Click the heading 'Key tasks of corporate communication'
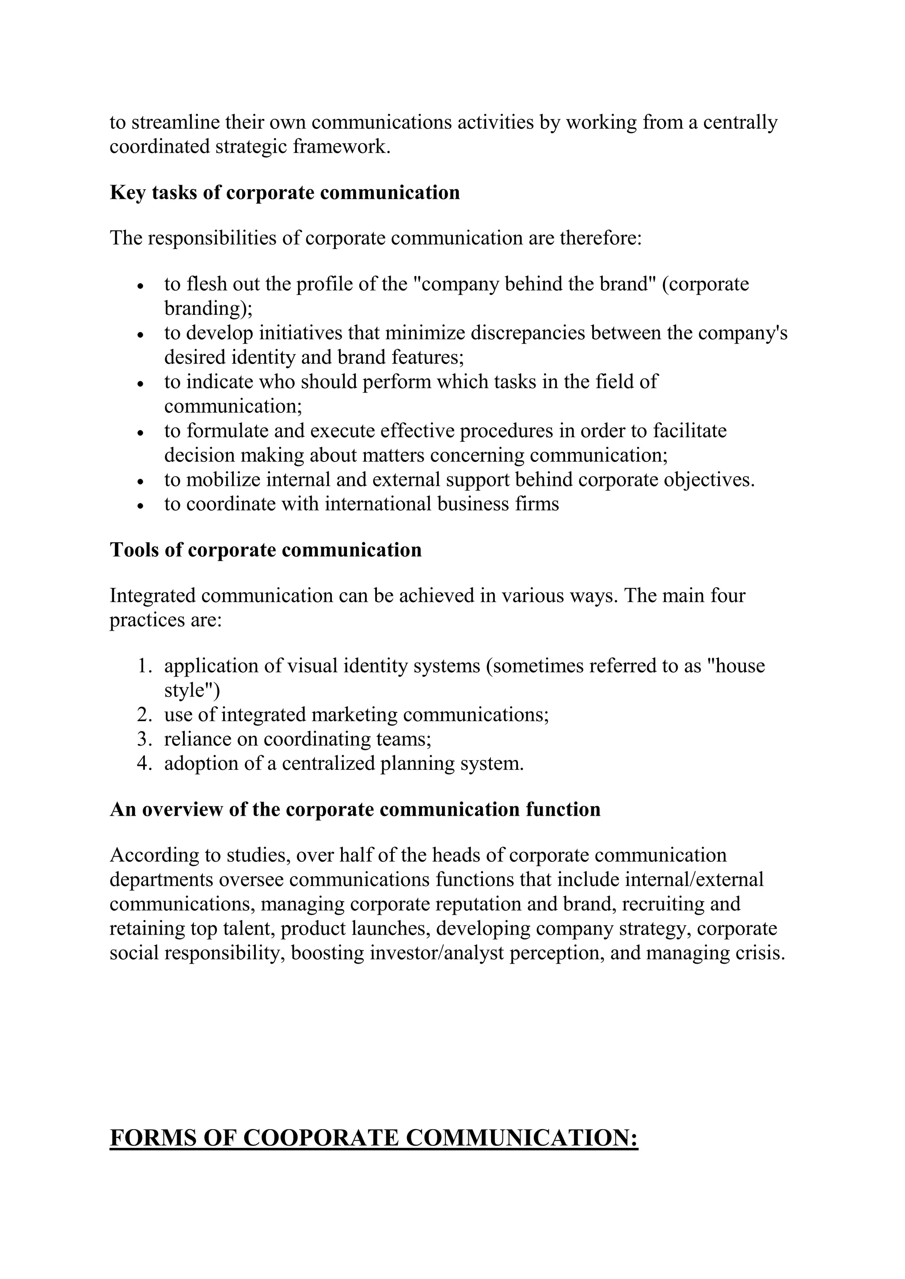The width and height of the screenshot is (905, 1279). (285, 193)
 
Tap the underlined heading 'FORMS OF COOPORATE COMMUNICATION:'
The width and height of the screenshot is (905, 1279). (373, 1138)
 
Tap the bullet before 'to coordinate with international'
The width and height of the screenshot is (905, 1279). (141, 505)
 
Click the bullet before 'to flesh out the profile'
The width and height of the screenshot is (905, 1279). (141, 286)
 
